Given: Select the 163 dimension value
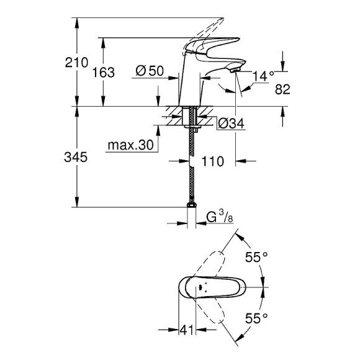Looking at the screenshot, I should (x=103, y=72).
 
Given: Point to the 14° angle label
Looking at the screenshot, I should (x=263, y=76).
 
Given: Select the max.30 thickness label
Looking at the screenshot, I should (x=129, y=145).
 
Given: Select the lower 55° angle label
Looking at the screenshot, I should (x=256, y=318).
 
